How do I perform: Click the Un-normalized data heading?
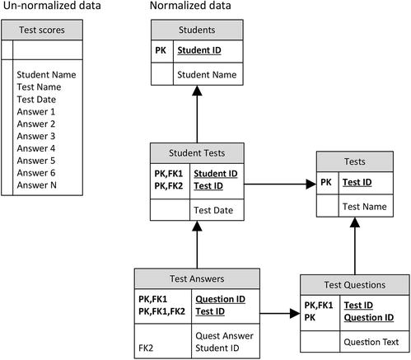52,7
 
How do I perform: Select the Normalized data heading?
190,7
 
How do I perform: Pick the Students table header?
197,30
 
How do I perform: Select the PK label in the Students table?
161,50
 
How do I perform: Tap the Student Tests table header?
197,152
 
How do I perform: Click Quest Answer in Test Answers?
223,335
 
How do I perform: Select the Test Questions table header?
355,285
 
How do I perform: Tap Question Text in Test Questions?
371,342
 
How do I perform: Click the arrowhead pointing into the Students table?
197,93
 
